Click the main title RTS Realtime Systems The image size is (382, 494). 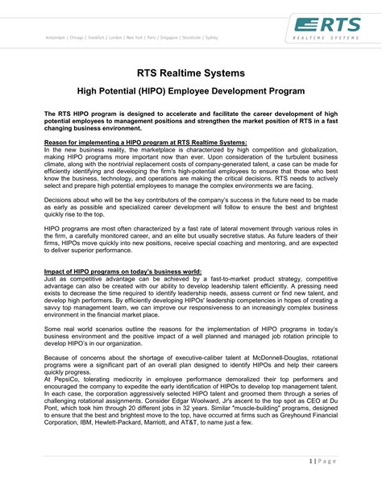pyautogui.click(x=190, y=74)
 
